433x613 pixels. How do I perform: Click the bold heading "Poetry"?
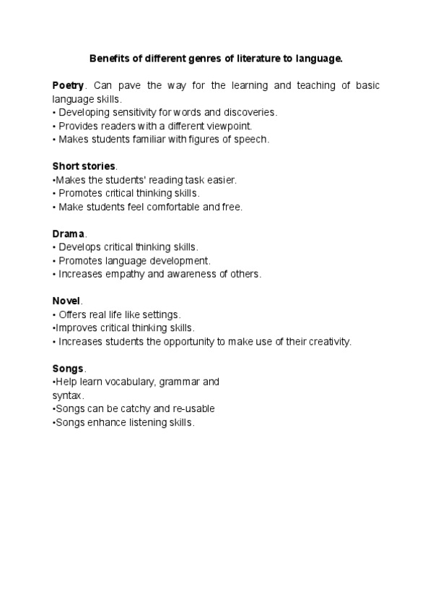tap(68, 85)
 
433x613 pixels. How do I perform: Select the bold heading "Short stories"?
tap(84, 166)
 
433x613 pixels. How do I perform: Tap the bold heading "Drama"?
tap(69, 233)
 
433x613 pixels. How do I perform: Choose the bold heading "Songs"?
tap(68, 368)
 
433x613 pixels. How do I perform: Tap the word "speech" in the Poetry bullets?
tap(250, 140)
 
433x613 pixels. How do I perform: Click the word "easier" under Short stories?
tap(219, 179)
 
